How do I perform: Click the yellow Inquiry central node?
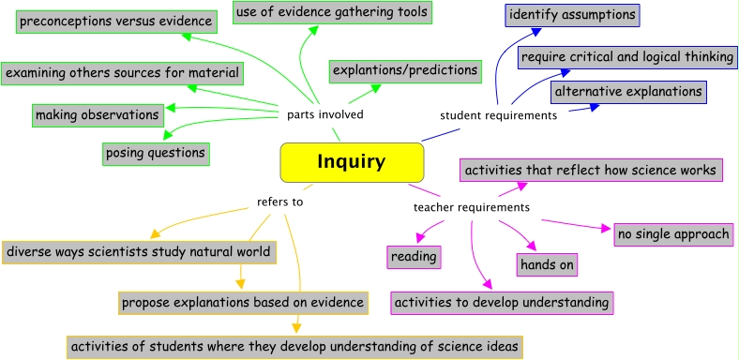point(352,162)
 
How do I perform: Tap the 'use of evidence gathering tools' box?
point(332,12)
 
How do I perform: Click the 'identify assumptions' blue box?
point(572,15)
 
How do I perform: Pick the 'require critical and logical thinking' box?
point(627,57)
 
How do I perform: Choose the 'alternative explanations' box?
point(627,92)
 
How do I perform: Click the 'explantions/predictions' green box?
point(404,70)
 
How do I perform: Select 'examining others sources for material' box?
point(122,72)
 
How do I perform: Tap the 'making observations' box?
point(97,115)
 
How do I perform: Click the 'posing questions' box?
point(155,151)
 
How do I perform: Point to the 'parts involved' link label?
point(324,115)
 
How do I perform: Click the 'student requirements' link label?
point(498,115)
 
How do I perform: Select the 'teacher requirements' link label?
point(471,207)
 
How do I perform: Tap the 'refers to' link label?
point(280,201)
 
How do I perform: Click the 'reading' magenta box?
point(414,256)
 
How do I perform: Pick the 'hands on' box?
point(547,264)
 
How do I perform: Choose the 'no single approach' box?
point(672,233)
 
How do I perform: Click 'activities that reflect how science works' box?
point(591,170)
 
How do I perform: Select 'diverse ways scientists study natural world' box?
point(139,252)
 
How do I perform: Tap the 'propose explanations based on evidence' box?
point(242,303)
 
